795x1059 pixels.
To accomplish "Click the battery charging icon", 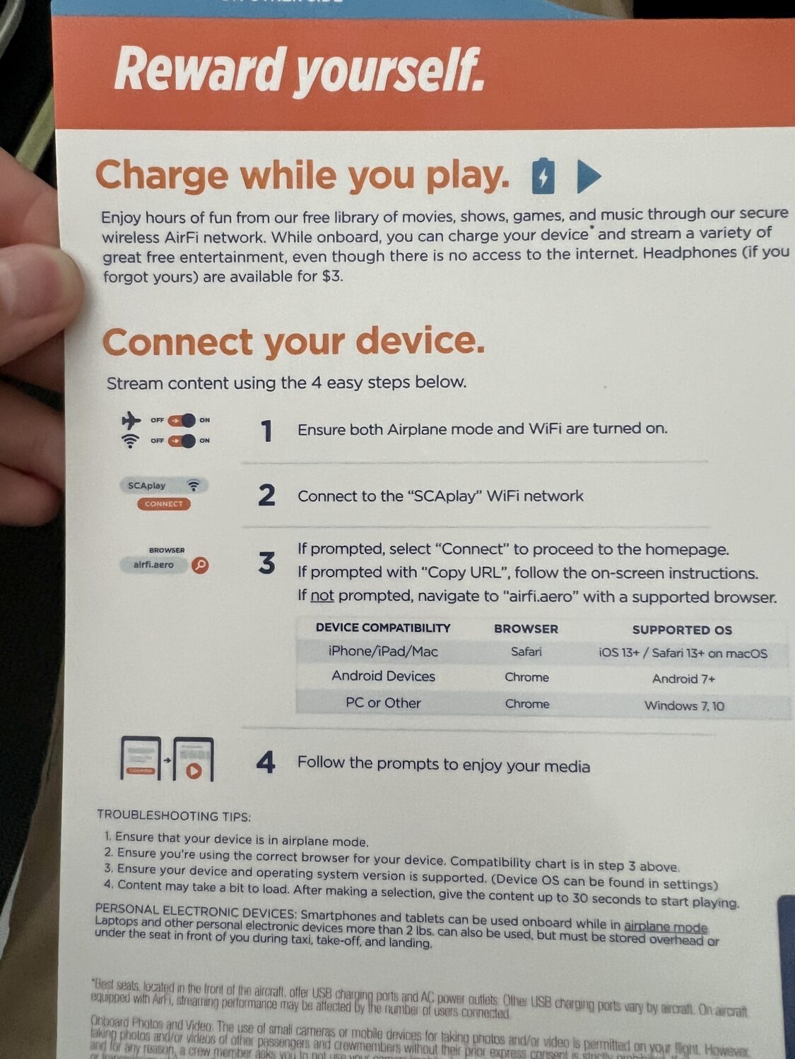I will point(543,176).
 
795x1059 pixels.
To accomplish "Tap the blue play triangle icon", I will point(588,176).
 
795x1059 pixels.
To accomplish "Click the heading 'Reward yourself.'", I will point(299,71).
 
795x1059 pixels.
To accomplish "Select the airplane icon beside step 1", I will point(131,421).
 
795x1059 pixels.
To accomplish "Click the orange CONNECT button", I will point(164,504).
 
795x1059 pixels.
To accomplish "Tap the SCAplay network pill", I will point(163,486).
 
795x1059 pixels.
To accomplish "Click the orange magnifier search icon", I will point(201,565).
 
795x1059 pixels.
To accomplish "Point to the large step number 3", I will point(266,563).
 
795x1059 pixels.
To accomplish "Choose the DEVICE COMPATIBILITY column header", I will point(383,628).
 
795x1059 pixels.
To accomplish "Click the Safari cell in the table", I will point(526,652).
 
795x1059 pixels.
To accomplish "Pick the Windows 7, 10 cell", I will point(684,705).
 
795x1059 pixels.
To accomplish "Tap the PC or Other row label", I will point(383,703).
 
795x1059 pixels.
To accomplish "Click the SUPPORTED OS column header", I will point(682,630).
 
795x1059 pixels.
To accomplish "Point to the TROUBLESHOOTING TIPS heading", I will point(174,816).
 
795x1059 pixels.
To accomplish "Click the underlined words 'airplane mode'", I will point(665,926).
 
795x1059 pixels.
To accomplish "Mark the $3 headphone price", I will point(331,276).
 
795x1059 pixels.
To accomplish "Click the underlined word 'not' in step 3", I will point(322,596).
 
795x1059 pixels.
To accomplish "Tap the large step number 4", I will point(266,763).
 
